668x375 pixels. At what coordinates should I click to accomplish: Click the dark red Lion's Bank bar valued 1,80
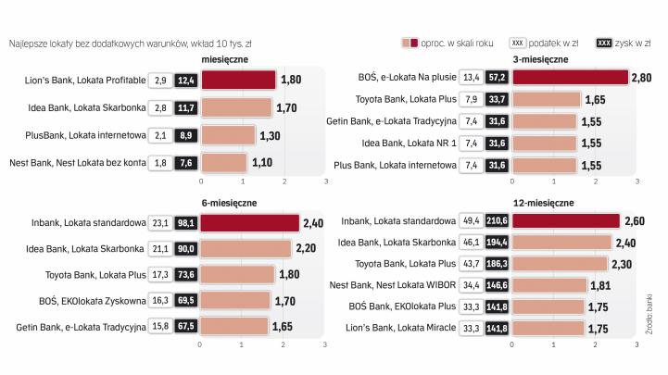237,81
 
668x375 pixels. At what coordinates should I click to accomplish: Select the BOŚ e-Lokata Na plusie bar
570,77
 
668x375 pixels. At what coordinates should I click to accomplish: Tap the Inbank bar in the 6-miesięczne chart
249,223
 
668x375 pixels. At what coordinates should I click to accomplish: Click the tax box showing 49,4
471,220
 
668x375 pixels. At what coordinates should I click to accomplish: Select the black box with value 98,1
185,223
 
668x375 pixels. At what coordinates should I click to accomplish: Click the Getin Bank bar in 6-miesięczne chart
233,326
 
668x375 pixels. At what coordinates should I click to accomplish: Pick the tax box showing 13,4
471,77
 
